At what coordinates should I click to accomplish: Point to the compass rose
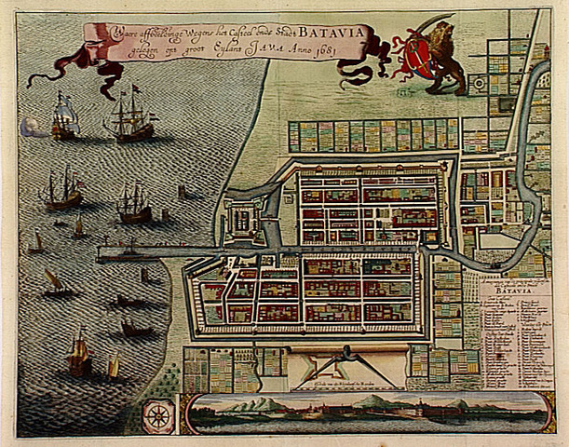tap(159, 413)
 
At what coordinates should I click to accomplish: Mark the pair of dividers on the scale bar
tap(345, 358)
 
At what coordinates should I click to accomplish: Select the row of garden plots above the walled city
tap(373, 136)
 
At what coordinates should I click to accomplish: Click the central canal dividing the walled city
tap(363, 251)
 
